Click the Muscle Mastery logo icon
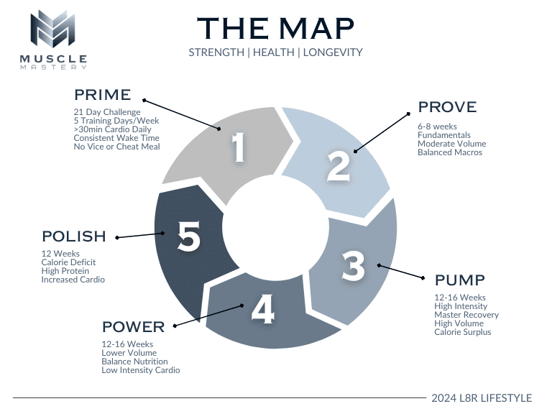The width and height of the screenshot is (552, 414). pyautogui.click(x=58, y=30)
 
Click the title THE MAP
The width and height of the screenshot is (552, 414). pyautogui.click(x=275, y=28)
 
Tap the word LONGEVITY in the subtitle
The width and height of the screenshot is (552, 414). pyautogui.click(x=333, y=52)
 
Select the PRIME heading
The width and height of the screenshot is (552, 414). pyautogui.click(x=102, y=94)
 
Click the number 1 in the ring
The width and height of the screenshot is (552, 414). pyautogui.click(x=239, y=148)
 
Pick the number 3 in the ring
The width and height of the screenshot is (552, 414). pyautogui.click(x=352, y=266)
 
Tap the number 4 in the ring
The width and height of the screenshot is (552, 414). pyautogui.click(x=262, y=310)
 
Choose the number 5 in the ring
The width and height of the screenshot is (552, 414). pyautogui.click(x=188, y=236)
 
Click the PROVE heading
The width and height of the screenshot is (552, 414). pyautogui.click(x=447, y=107)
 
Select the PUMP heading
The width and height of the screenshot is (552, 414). pyautogui.click(x=460, y=280)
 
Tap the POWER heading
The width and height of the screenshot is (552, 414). pyautogui.click(x=133, y=327)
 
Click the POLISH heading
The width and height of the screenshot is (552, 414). pyautogui.click(x=74, y=236)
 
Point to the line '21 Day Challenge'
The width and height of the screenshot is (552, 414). pyautogui.click(x=107, y=112)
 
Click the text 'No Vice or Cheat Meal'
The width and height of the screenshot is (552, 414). pyautogui.click(x=116, y=147)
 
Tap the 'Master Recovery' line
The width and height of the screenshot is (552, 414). pyautogui.click(x=466, y=315)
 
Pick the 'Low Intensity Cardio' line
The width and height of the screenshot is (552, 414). pyautogui.click(x=141, y=370)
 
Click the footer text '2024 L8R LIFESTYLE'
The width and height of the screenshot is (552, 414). pyautogui.click(x=482, y=398)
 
